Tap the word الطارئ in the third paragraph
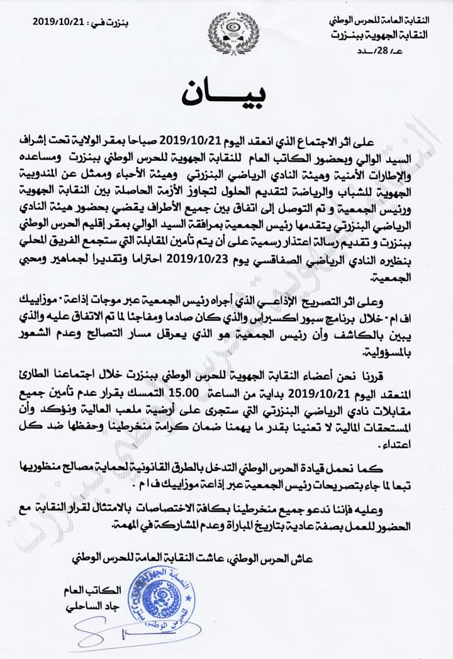(76, 379)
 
